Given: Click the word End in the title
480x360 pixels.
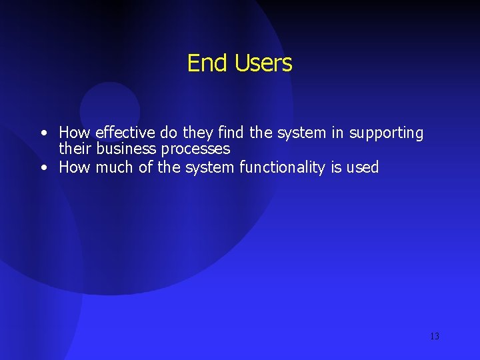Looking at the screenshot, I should [x=202, y=63].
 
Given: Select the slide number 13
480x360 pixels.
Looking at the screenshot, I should [x=434, y=336].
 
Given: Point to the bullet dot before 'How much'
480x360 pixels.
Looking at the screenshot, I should [x=43, y=168].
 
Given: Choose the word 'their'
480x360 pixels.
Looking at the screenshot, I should [x=76, y=149].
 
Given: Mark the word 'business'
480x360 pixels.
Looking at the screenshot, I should [x=127, y=149].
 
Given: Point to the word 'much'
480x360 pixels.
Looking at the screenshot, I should [x=115, y=167].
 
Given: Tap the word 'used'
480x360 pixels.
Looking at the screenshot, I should [x=363, y=167].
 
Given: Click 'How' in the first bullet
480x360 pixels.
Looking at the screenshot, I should [x=75, y=133].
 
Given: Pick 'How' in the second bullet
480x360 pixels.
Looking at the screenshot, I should [x=75, y=167].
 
